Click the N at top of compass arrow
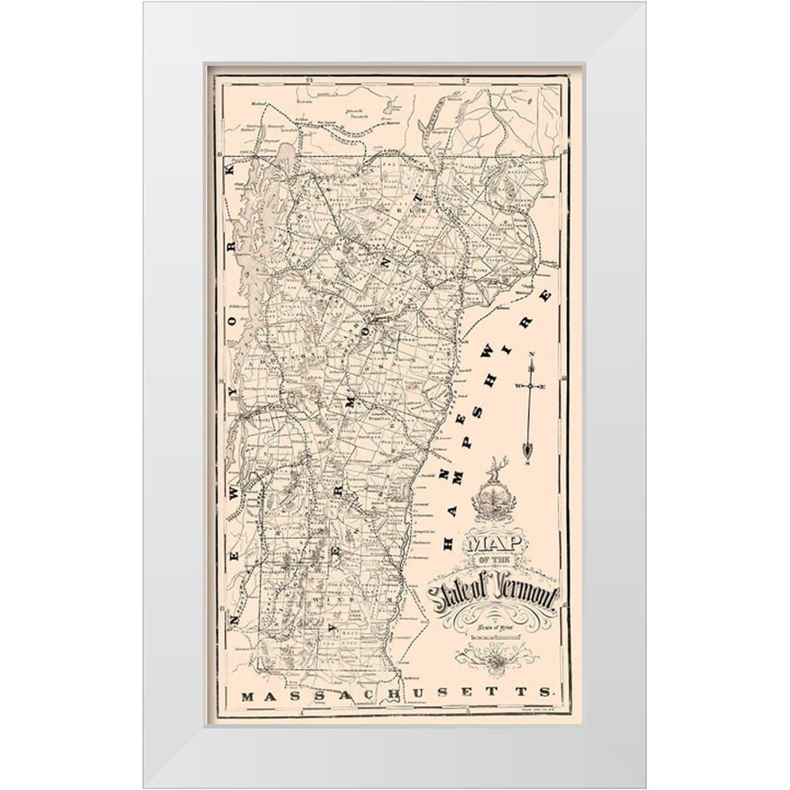(531, 354)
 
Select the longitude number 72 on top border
(466, 80)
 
